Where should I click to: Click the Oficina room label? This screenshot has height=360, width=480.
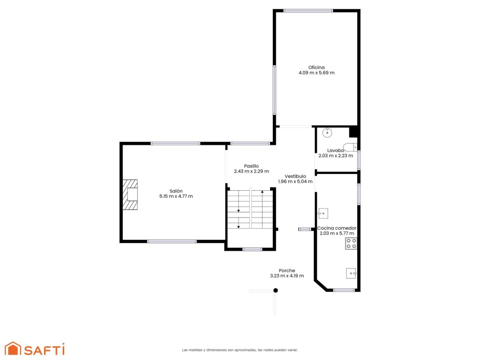tap(316, 67)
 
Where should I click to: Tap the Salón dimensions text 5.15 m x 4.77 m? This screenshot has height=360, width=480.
tap(176, 196)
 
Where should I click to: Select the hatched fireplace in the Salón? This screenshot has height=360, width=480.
tap(130, 195)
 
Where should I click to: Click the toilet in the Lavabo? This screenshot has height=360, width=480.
tap(350, 147)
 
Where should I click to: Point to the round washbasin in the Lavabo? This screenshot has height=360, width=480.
tap(327, 132)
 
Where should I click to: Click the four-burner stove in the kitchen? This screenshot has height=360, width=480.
tap(351, 243)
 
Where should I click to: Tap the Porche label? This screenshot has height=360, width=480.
tap(287, 270)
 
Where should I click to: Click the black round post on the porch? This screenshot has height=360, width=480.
tap(276, 290)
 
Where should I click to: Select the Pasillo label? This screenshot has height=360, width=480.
tap(251, 166)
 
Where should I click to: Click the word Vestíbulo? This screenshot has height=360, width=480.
tap(295, 176)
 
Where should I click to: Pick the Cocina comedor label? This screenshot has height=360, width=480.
tap(337, 228)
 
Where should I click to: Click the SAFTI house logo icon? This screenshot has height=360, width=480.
tap(13, 348)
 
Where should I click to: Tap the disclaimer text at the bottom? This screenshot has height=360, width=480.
tap(240, 350)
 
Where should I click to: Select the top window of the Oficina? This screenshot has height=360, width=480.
tap(308, 11)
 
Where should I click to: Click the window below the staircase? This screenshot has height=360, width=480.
tap(252, 249)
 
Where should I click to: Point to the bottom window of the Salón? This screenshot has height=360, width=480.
tap(172, 241)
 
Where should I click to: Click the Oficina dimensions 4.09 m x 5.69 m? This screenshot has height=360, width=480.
tap(316, 73)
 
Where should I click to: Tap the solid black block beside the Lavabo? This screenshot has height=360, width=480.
tap(353, 132)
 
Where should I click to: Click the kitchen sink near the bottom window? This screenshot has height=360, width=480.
tap(351, 273)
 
